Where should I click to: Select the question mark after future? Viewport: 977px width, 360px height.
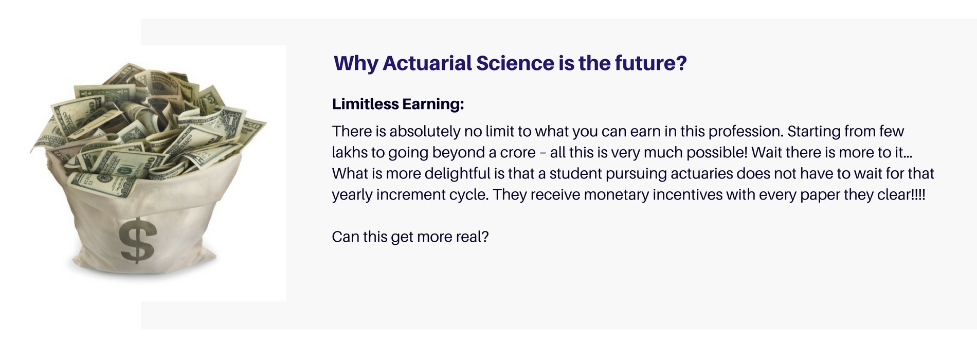click(682, 63)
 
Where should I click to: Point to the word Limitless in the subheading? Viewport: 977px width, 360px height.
click(365, 104)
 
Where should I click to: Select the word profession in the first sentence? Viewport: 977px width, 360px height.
click(745, 132)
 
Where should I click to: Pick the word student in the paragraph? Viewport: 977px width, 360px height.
click(575, 174)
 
